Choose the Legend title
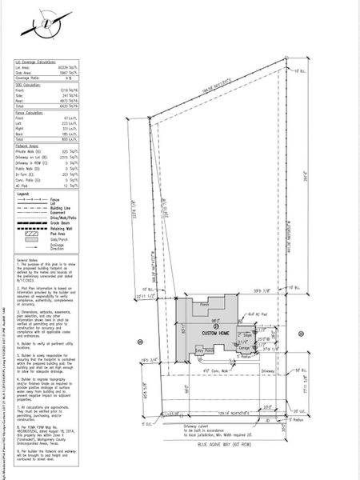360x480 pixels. click(22, 194)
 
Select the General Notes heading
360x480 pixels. click(28, 261)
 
